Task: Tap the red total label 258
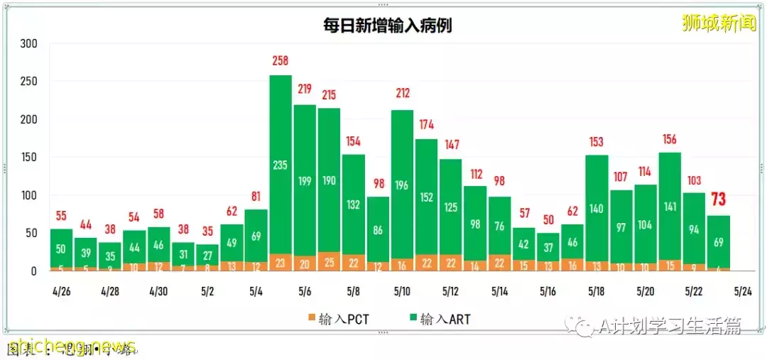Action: [281, 62]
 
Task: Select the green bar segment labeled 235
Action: [281, 165]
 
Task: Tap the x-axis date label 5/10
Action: [402, 291]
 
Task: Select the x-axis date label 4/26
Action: [61, 291]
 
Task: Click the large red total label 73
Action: [718, 200]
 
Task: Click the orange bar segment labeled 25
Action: [329, 261]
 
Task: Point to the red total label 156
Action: [669, 139]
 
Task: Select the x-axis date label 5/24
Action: [742, 291]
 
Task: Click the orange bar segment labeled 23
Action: [281, 262]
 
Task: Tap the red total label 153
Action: [597, 142]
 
